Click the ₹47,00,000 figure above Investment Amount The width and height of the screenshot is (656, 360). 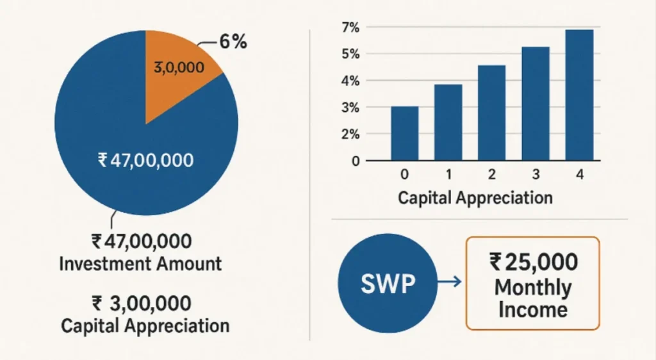click(x=141, y=242)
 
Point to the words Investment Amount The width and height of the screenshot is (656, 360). click(x=140, y=263)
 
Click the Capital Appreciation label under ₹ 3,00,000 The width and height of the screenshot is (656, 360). click(x=145, y=325)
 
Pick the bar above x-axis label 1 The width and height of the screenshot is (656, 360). click(x=448, y=122)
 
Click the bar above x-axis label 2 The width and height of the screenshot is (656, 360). click(x=492, y=113)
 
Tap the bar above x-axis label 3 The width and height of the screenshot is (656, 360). click(x=536, y=103)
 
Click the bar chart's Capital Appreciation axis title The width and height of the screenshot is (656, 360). click(x=475, y=197)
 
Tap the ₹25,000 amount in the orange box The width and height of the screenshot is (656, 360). click(x=534, y=261)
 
